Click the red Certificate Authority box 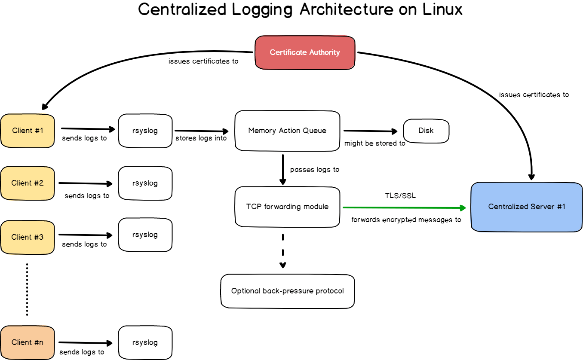(305, 52)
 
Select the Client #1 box (28, 131)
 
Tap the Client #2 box (28, 183)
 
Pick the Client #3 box (28, 237)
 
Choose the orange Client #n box (28, 342)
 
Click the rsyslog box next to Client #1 (145, 131)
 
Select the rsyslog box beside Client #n (145, 342)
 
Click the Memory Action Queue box (287, 131)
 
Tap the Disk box (426, 131)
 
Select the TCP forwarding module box (287, 207)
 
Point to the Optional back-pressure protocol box (287, 291)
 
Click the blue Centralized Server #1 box (527, 207)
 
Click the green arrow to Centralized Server (404, 208)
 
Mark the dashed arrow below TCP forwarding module (282, 251)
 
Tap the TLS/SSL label (400, 195)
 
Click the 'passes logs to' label (315, 170)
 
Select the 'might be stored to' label (374, 143)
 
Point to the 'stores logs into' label (201, 138)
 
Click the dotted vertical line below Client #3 (27, 290)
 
